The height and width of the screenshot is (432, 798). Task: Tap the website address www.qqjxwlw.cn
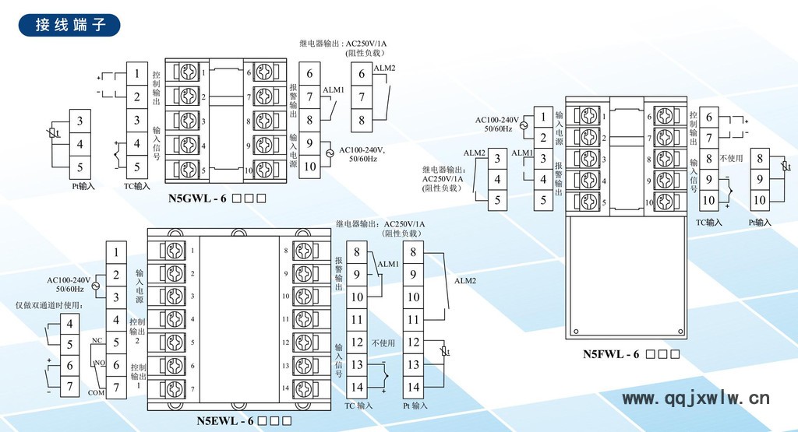click(696, 399)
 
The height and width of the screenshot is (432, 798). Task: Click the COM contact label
click(97, 393)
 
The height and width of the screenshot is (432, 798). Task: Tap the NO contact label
click(100, 364)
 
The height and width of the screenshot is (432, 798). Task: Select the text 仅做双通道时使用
click(50, 305)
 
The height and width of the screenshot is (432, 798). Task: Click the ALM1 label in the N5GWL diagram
click(334, 91)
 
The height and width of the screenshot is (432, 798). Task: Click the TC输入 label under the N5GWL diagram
click(137, 187)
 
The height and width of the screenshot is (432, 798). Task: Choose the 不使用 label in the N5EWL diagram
click(383, 342)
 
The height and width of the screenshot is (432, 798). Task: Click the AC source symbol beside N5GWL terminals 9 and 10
click(330, 153)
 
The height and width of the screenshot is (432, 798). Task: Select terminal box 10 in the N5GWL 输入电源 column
click(309, 166)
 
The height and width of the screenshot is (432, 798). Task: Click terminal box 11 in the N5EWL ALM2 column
click(413, 319)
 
